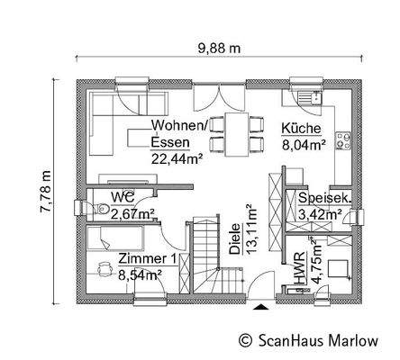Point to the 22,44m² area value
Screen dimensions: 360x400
(x=177, y=157)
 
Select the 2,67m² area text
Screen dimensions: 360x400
(x=132, y=213)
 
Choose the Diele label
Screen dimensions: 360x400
(x=234, y=242)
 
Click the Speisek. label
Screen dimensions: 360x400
(x=324, y=199)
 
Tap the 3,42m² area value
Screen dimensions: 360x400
(x=321, y=214)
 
